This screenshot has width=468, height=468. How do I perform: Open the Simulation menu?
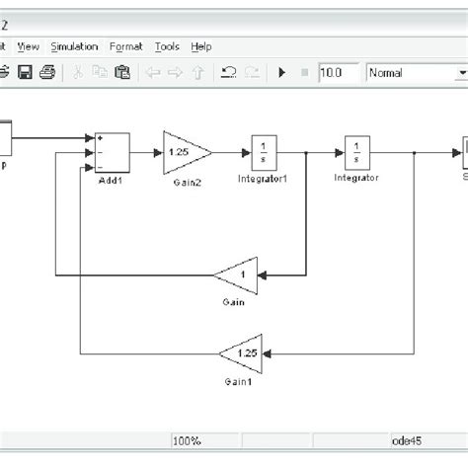[74, 46]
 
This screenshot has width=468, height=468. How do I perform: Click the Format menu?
[126, 46]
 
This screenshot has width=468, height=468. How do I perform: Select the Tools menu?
[167, 46]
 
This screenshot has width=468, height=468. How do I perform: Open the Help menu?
[201, 46]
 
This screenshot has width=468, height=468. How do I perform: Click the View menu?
[29, 46]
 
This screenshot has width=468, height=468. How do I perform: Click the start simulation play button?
[283, 72]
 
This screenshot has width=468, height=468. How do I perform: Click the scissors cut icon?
[76, 72]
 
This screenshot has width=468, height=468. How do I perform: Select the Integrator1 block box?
[264, 153]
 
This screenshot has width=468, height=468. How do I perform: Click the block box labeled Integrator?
[355, 153]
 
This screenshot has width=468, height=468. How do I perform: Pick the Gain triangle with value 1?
[236, 274]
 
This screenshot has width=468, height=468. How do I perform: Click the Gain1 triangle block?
[240, 352]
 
